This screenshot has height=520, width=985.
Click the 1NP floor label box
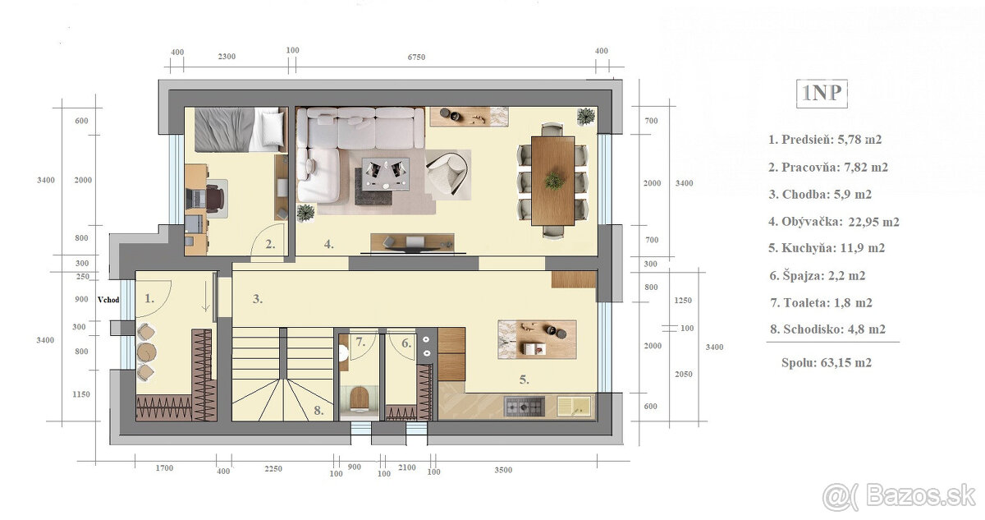coord(822,94)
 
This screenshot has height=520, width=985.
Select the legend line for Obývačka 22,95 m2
coord(834,222)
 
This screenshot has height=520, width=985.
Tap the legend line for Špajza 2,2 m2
coord(818,276)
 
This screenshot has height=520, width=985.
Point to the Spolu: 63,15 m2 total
coord(827,363)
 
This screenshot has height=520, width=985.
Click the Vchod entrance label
coord(108,300)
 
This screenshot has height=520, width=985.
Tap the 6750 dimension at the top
coord(416,58)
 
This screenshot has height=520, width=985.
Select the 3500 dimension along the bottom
coord(503,470)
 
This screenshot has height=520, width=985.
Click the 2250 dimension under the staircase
coord(273,469)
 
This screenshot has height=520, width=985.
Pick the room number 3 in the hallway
coord(258,299)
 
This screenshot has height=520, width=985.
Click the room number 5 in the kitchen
coord(524,380)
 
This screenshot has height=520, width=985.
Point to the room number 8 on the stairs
coord(318,411)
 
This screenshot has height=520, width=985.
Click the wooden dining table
coord(552,181)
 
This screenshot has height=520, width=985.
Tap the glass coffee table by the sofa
coord(385,174)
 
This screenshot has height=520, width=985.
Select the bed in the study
coord(240,129)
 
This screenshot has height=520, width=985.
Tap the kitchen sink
coord(574,406)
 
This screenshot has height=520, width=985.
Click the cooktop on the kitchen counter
coord(525,406)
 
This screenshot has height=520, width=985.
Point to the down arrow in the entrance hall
coord(205,297)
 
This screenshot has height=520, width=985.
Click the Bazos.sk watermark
coord(899,497)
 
